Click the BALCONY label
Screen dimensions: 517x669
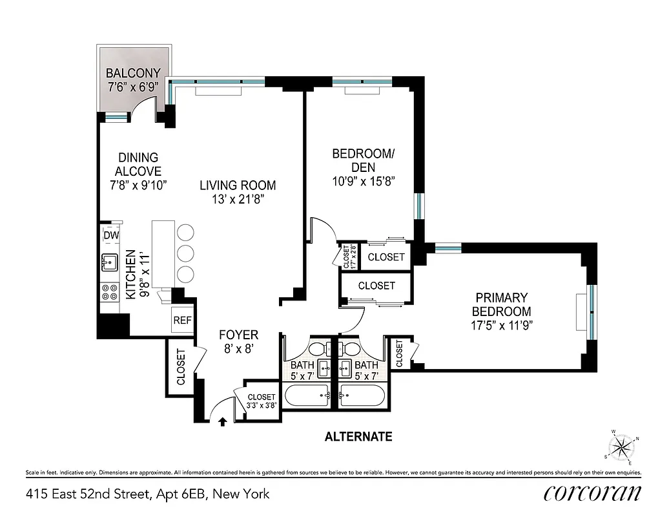[x=133, y=73]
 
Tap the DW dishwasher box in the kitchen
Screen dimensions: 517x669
[x=111, y=235]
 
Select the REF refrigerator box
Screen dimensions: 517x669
[x=181, y=320]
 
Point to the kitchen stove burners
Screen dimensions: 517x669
[x=108, y=293]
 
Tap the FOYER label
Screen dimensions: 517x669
[x=238, y=335]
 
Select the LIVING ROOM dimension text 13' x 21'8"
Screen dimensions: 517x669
[x=238, y=200]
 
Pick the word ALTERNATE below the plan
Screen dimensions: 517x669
[x=358, y=437]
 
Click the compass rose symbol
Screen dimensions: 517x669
[x=623, y=447]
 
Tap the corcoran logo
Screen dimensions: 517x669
[x=592, y=493]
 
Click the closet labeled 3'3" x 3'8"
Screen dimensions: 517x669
[x=262, y=401]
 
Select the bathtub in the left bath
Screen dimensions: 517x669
[x=307, y=395]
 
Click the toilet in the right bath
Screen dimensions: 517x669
[x=353, y=348]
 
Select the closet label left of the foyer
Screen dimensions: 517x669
[x=181, y=366]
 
